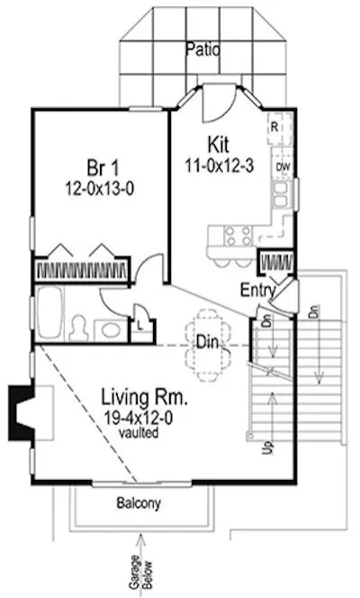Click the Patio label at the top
point(202,50)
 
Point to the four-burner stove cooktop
point(238,236)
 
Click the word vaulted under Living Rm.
point(142,433)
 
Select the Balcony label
point(139,504)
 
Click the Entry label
point(257,289)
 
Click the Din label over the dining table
point(206,341)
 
